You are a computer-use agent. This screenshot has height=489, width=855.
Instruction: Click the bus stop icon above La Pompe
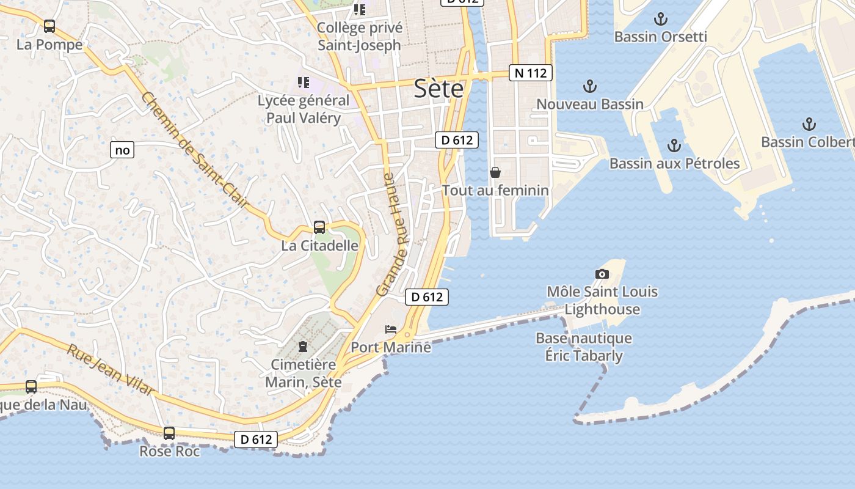[x=49, y=26]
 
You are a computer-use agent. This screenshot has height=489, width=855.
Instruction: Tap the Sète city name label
[x=438, y=89]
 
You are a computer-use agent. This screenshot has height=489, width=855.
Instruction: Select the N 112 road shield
[x=530, y=73]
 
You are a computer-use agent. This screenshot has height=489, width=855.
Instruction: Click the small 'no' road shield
[x=122, y=150]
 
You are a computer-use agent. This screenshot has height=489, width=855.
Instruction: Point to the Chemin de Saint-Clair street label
[x=196, y=150]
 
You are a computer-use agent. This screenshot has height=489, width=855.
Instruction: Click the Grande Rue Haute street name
[x=395, y=235]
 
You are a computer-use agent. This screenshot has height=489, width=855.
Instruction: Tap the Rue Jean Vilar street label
[x=109, y=370]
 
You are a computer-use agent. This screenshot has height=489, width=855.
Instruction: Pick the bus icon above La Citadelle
[x=319, y=227]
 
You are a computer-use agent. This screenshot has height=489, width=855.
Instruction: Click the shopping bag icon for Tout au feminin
[x=495, y=172]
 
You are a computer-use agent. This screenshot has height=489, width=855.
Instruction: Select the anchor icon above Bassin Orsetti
[x=660, y=19]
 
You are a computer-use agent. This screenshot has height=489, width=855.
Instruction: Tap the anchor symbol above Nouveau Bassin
[x=590, y=86]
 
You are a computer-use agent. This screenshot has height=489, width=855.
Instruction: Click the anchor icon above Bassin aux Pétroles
[x=674, y=145]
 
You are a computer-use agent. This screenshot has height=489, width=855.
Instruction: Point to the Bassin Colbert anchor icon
[x=809, y=125]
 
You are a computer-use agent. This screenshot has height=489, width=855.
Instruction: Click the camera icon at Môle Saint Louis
[x=602, y=274]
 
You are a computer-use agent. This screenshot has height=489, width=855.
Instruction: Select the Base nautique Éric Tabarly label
[x=584, y=347]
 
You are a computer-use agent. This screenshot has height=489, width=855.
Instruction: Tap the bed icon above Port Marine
[x=391, y=329]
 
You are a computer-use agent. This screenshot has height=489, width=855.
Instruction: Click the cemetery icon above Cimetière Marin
[x=303, y=347]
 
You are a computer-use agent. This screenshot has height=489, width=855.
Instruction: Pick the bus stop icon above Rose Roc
[x=169, y=433]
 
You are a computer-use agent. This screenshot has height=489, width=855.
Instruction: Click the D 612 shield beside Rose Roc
[x=256, y=439]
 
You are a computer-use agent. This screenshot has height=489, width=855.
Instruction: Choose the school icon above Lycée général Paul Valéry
[x=304, y=82]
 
